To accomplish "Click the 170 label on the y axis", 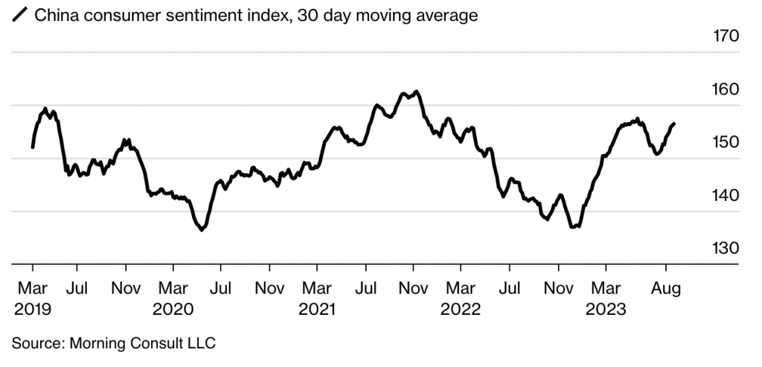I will coord(723,35).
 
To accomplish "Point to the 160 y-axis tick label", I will coord(723,89).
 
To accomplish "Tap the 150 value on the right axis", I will coord(723,141).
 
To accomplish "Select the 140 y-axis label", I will coord(723,195).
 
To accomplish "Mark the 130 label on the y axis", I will coord(723,248).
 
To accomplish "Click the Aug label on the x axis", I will coord(666,287).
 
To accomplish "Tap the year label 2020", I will coord(173,309).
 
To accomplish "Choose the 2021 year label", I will coord(318,309).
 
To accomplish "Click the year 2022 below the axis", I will coord(462,309).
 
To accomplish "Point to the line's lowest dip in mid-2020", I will coord(202,230).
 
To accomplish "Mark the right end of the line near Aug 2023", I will coord(673,124).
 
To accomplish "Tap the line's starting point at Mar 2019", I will coord(32,147).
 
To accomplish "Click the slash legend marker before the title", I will coord(19,13).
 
